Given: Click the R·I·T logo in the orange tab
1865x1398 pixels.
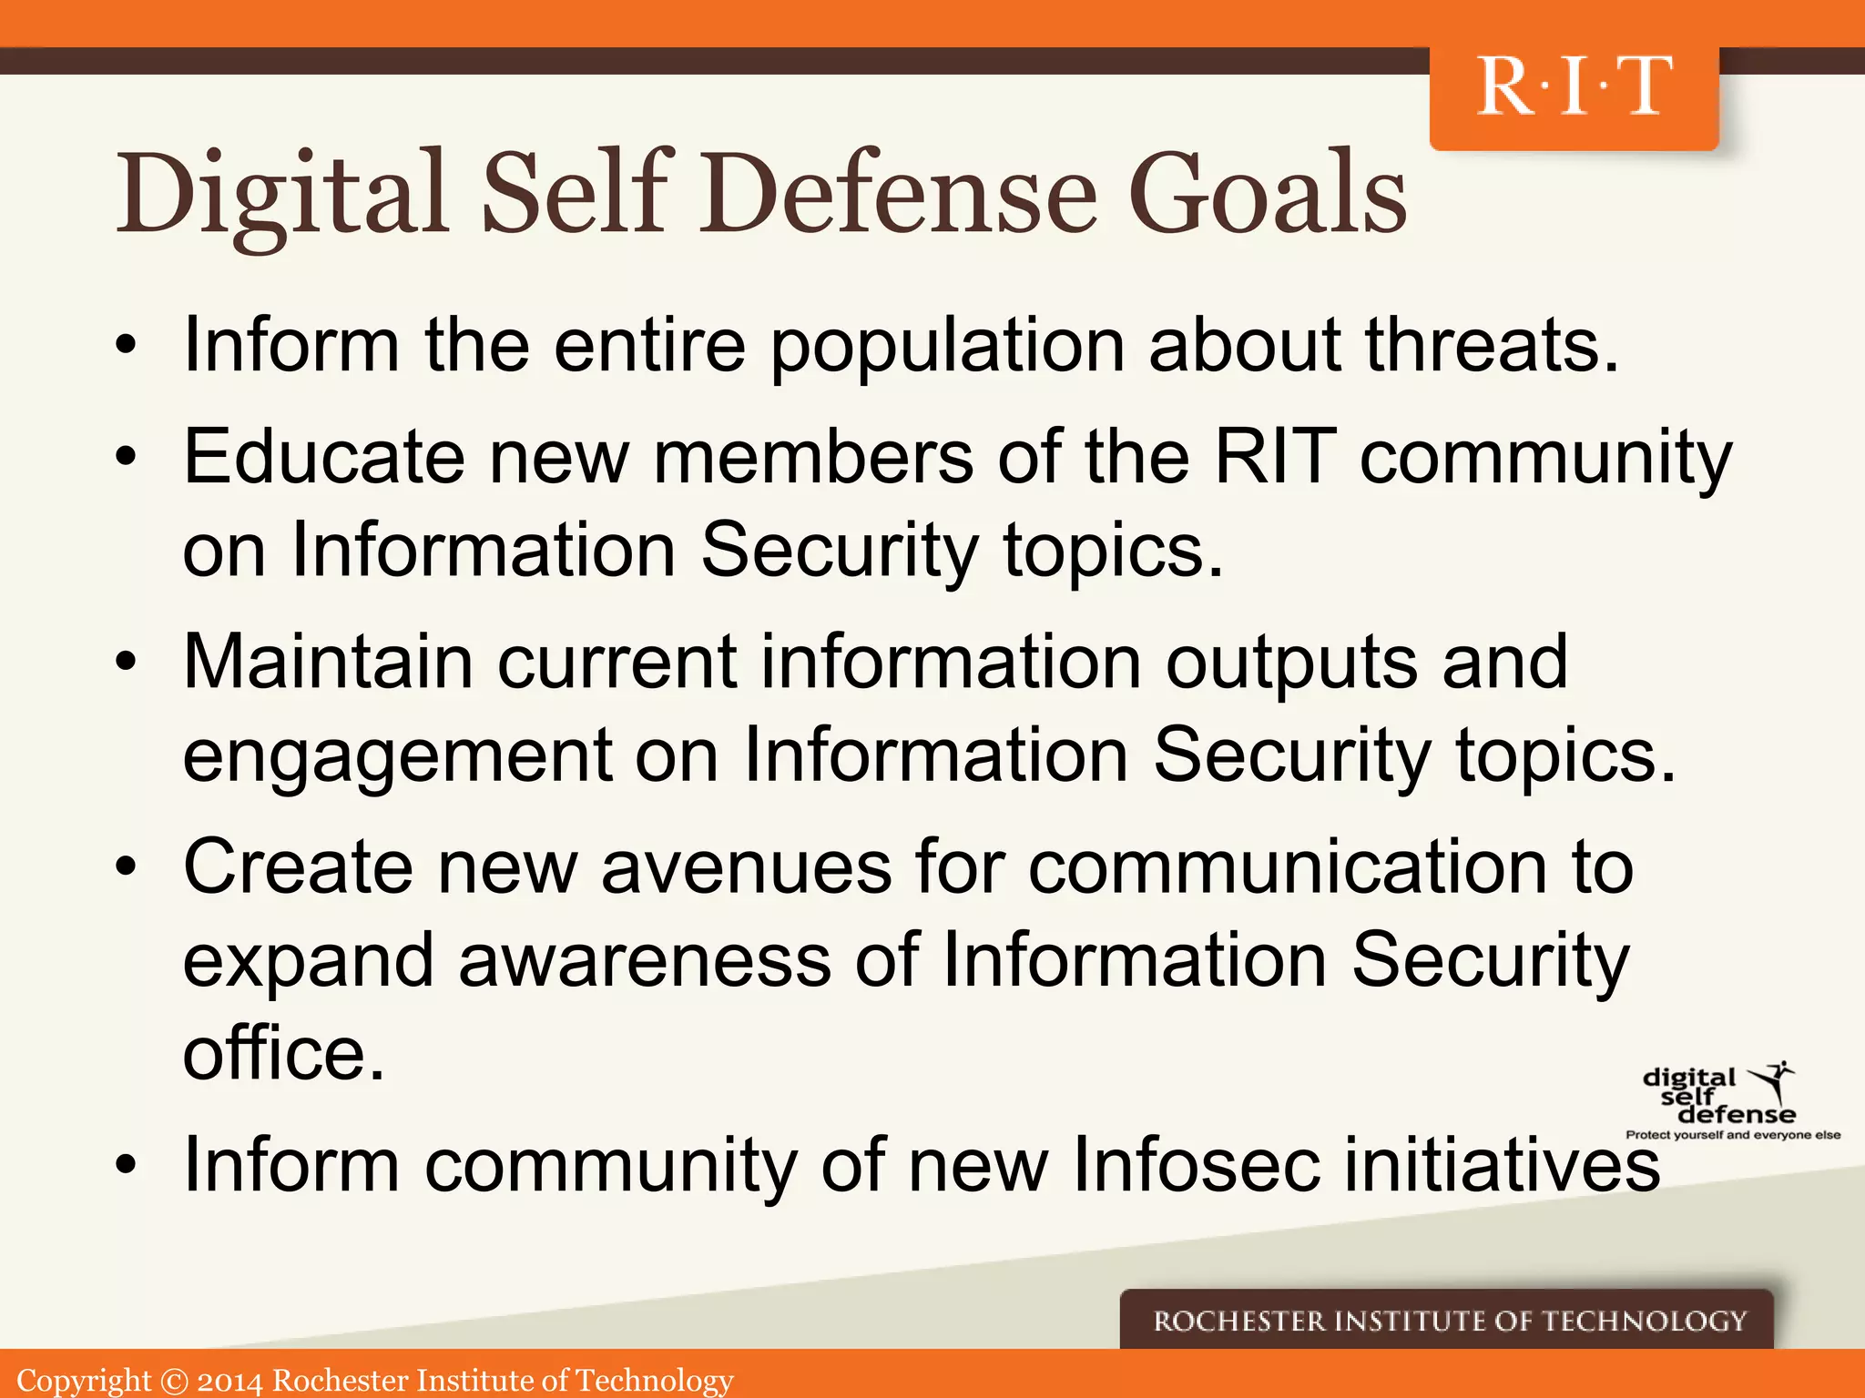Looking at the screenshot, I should pos(1574,87).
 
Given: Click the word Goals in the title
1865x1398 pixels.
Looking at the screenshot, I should pos(1268,194).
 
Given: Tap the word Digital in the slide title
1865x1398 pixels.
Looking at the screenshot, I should pos(282,194).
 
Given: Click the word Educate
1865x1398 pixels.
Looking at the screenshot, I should pos(323,457).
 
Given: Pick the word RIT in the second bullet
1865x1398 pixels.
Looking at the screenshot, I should pos(1275,457).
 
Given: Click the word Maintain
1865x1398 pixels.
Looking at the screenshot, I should pos(327,662).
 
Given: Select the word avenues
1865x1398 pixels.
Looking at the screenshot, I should pos(746,867).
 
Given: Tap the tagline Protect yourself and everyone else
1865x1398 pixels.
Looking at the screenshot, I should pos(1733,1135).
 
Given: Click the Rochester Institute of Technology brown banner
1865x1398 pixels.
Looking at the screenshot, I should pos(1448,1321).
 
